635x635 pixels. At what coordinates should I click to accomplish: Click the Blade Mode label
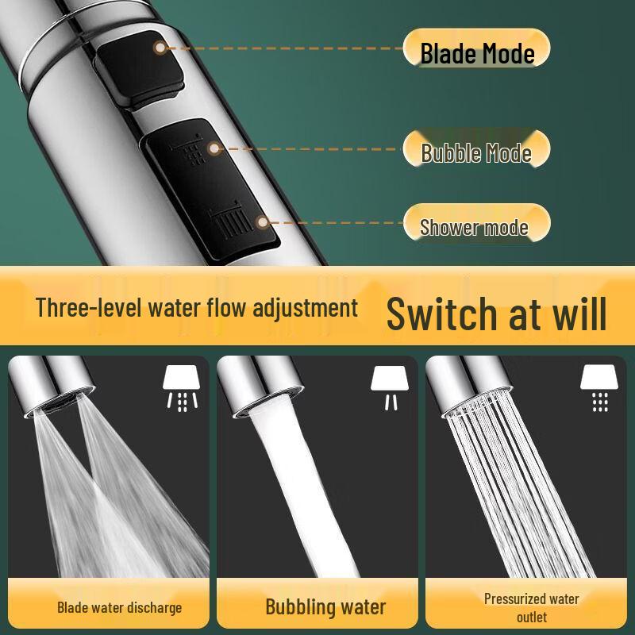coord(476,52)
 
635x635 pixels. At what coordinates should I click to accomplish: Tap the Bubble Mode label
coord(475,151)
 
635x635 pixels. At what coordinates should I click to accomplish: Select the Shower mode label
coord(473,227)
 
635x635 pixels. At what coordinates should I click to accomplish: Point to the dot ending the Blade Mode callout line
coord(160,48)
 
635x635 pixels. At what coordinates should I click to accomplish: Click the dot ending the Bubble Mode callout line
coord(213,148)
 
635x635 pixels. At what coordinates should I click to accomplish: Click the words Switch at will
coord(496,313)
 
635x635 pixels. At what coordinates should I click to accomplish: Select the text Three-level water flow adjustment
coord(197,307)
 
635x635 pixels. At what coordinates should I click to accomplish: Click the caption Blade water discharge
coord(119,608)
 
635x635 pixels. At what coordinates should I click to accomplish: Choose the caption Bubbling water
coord(325,608)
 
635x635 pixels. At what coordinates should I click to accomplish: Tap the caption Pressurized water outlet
coord(531,607)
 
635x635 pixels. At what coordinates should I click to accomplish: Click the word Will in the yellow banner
coord(577,313)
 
